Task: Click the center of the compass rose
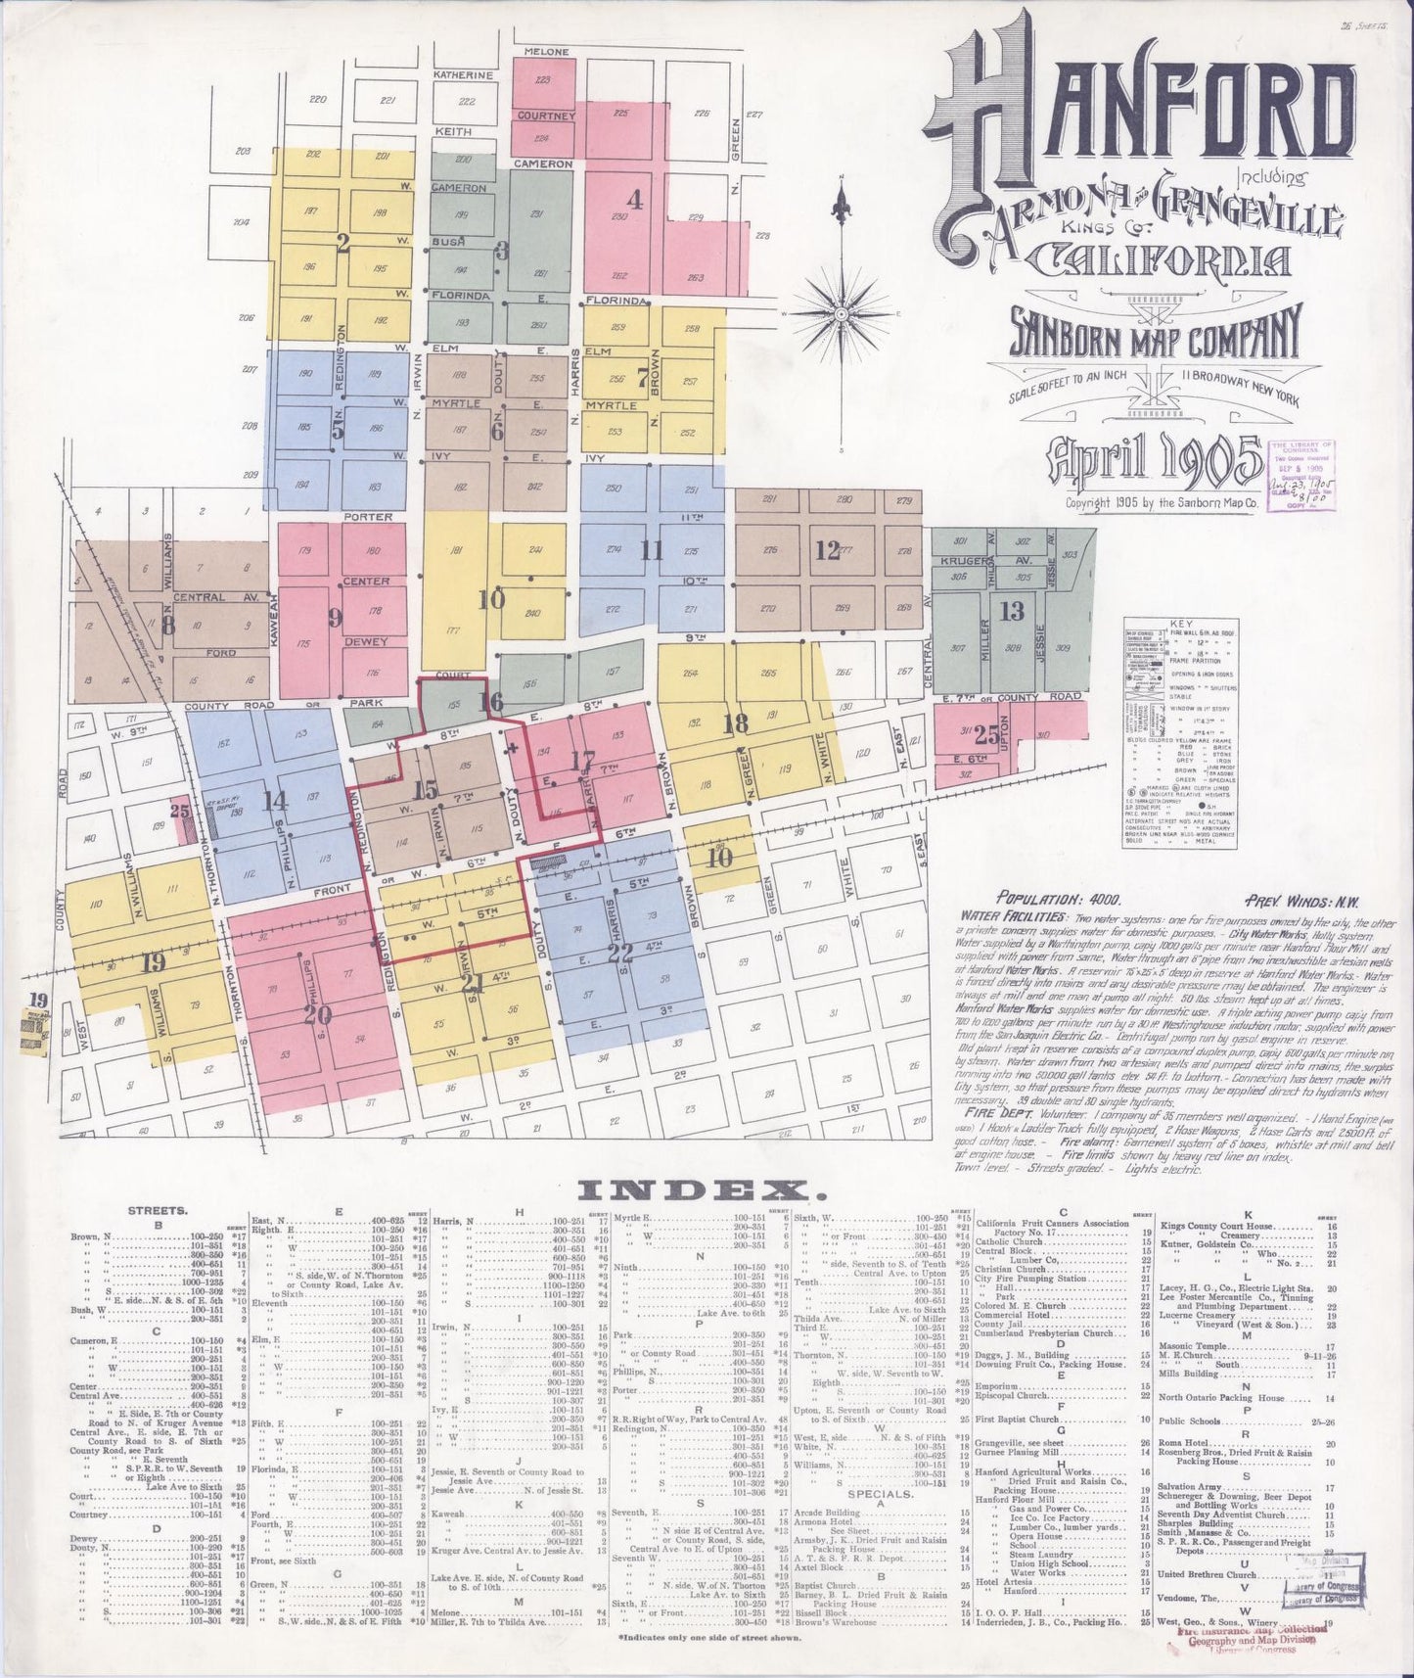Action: (x=841, y=314)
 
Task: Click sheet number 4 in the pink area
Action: (x=635, y=202)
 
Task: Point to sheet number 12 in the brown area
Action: (x=828, y=550)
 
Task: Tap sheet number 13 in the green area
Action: (x=1011, y=611)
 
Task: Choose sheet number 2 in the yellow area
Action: (x=342, y=245)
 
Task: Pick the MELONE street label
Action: (x=546, y=51)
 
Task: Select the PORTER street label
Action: (x=368, y=516)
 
